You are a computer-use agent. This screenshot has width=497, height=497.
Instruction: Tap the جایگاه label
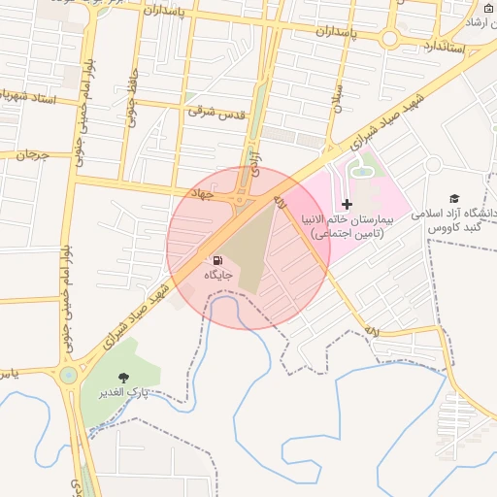218,276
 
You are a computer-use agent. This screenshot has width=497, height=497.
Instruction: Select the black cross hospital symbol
347,205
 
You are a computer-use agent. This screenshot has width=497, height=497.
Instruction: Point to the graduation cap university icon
453,198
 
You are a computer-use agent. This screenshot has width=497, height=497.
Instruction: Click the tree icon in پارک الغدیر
123,378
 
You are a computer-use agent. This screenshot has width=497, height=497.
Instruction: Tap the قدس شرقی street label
216,112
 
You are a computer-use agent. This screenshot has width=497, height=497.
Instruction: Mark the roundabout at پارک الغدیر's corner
69,375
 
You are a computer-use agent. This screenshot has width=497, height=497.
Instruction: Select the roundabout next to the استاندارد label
389,39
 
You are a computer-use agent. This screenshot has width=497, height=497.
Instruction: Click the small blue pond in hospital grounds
361,172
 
